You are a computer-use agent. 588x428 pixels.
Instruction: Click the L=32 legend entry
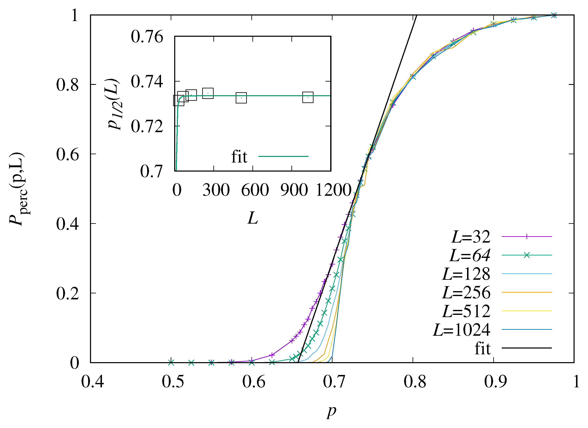tap(471, 237)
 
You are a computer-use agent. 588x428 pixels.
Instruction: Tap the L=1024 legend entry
tap(461, 330)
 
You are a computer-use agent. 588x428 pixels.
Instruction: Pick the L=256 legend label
tap(466, 293)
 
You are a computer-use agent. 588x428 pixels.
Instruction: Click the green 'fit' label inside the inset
tap(239, 157)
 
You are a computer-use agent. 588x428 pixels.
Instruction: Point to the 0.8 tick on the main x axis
tap(415, 382)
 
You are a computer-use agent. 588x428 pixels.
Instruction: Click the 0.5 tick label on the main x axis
tap(173, 382)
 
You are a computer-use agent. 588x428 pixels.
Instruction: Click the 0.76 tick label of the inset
tap(147, 37)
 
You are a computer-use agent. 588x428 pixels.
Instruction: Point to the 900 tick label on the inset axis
tap(294, 190)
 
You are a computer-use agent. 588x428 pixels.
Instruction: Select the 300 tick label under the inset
tap(216, 190)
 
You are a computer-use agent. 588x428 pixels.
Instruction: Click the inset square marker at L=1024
tap(308, 97)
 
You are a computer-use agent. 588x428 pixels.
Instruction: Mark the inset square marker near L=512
tap(241, 98)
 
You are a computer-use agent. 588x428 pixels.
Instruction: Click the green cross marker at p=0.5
tap(171, 362)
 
